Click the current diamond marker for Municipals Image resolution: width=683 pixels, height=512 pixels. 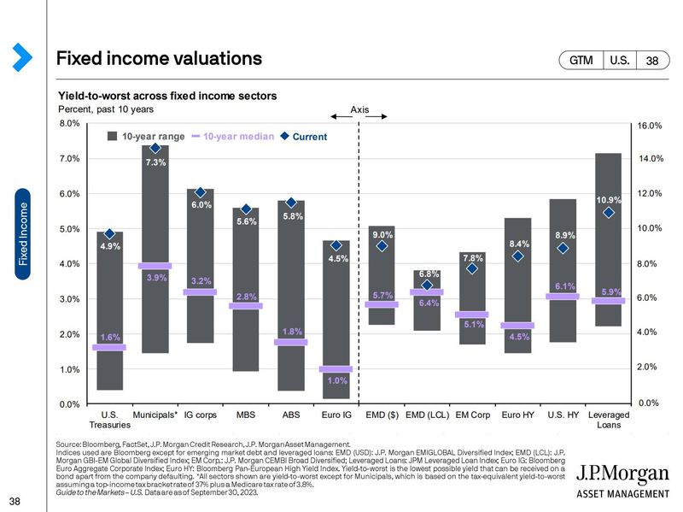coord(155,148)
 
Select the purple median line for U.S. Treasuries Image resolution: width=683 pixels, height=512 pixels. coord(109,347)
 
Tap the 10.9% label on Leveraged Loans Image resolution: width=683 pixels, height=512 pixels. coord(609,200)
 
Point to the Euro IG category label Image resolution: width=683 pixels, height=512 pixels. coord(336,415)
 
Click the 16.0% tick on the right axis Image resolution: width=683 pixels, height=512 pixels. coord(651,126)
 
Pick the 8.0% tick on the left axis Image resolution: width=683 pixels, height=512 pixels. coord(69,123)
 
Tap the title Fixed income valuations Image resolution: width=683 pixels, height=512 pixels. coord(159,59)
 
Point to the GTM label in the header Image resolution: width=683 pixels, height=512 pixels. coord(581,60)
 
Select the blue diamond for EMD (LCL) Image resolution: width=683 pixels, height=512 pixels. coord(427,285)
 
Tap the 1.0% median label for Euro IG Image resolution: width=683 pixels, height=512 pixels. coord(336,380)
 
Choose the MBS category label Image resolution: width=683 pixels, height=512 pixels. coord(246,415)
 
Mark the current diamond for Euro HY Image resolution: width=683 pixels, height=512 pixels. coord(517,256)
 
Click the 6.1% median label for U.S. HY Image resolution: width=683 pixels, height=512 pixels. coord(564,286)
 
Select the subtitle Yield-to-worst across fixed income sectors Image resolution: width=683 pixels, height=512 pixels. coord(166,96)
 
